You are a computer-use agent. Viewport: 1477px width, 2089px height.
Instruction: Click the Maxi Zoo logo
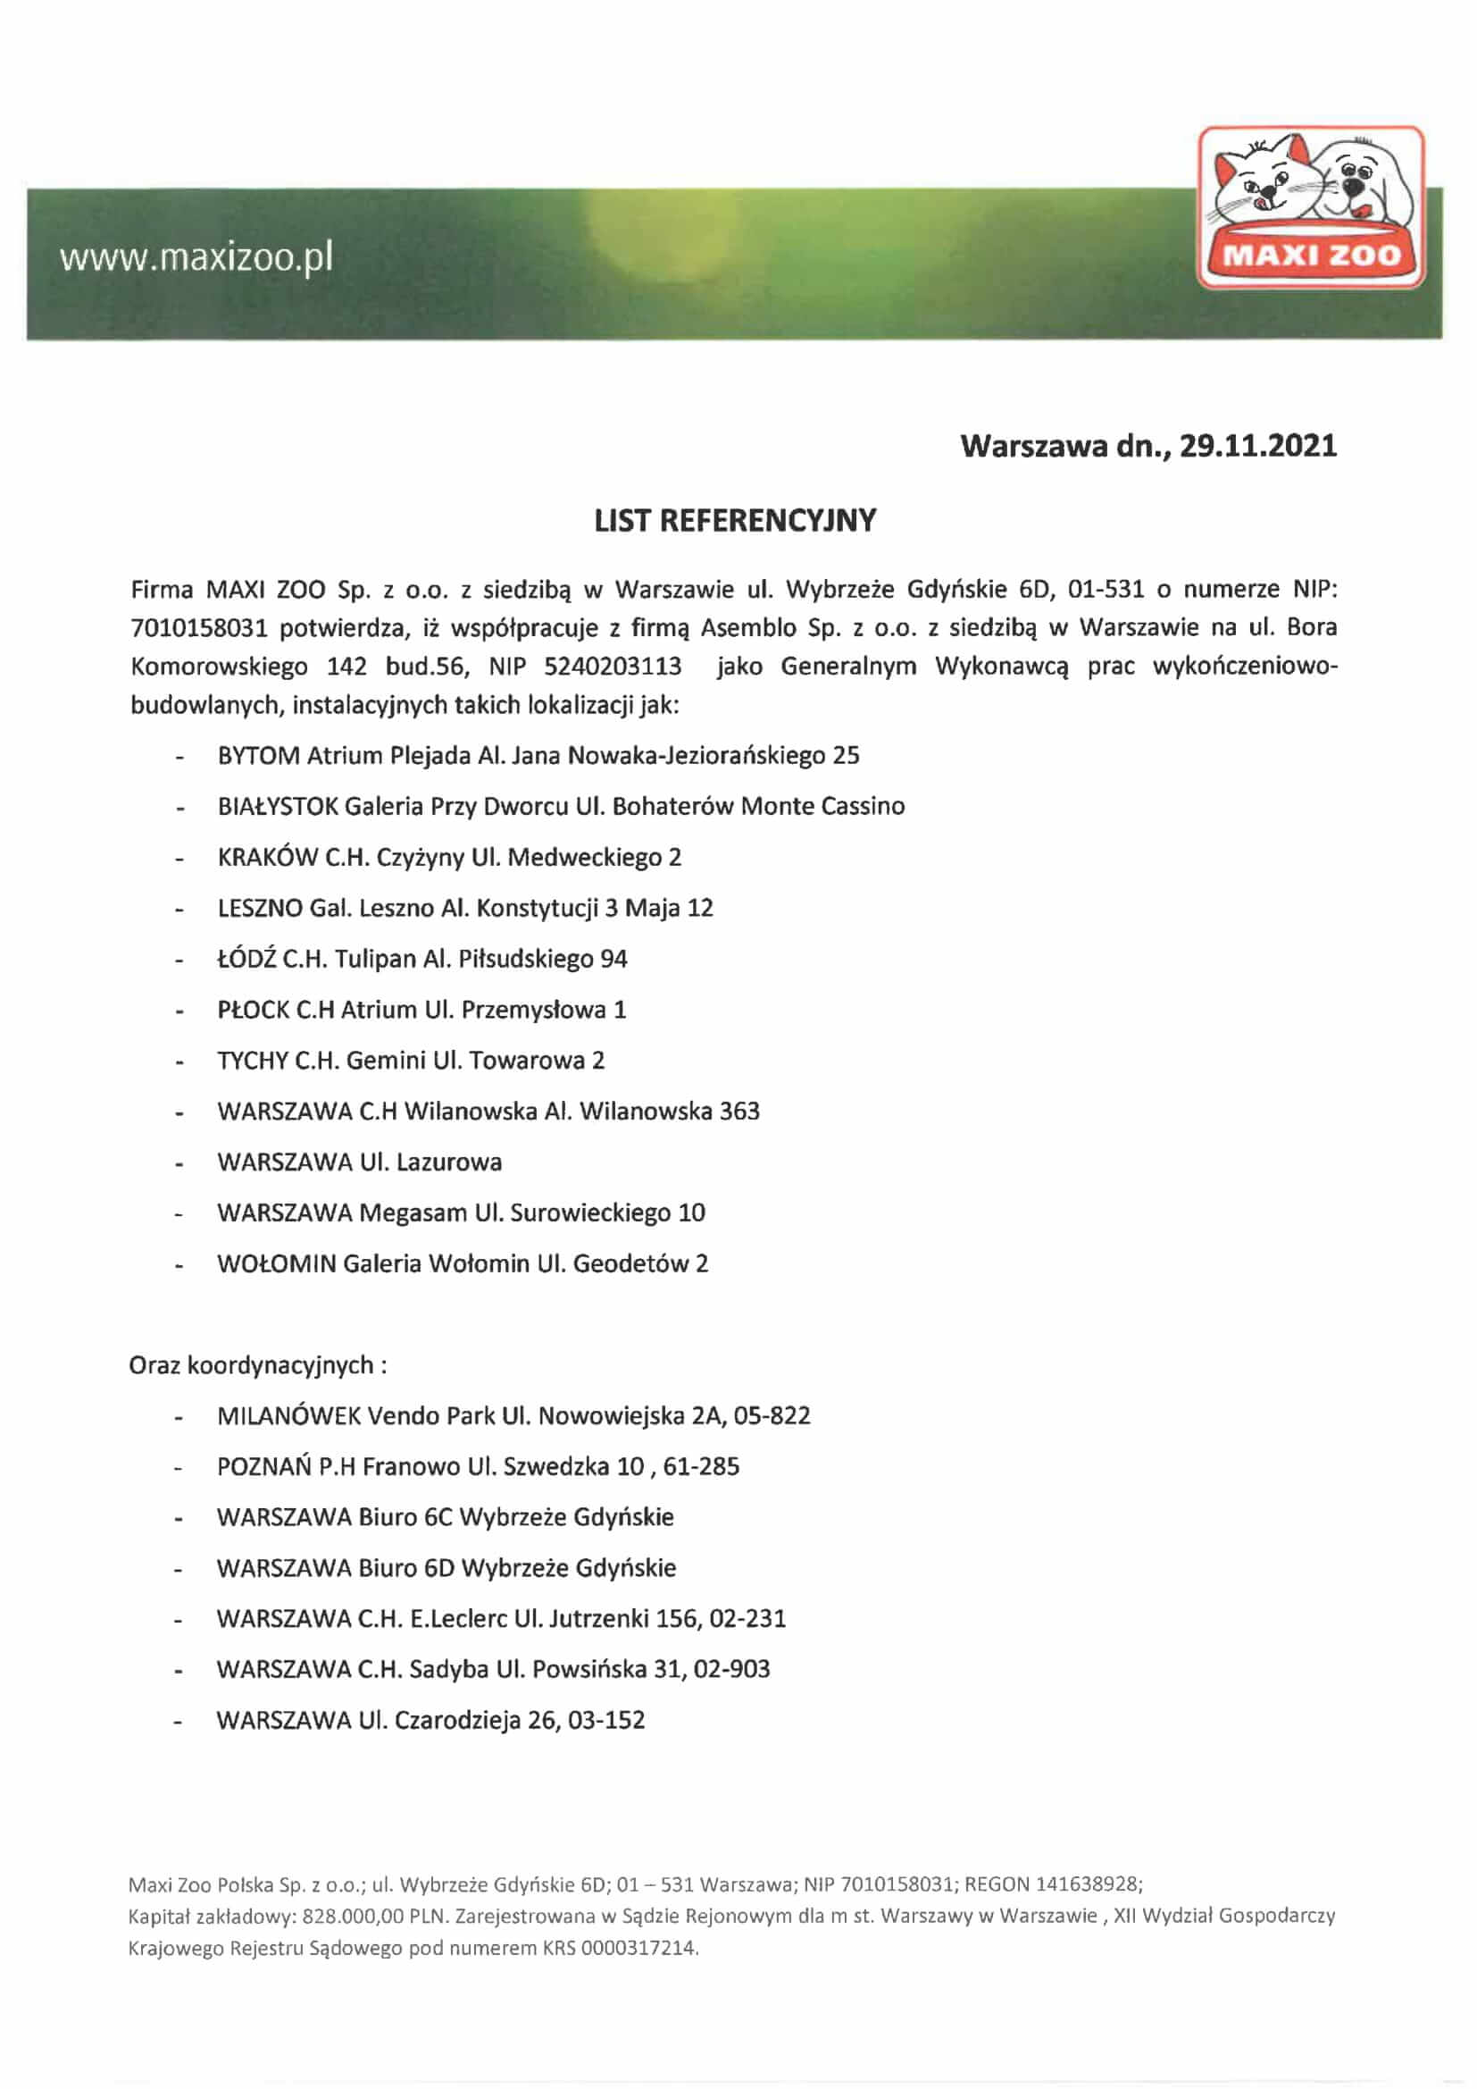tap(1311, 207)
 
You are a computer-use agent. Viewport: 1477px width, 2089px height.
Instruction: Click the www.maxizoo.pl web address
tap(196, 258)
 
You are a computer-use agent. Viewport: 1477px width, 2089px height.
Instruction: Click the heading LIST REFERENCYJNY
tap(735, 520)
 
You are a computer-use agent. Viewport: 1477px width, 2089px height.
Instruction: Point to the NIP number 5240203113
tap(612, 667)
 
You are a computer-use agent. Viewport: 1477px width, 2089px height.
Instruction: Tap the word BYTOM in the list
tap(258, 756)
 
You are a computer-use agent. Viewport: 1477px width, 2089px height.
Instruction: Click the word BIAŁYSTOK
tap(278, 807)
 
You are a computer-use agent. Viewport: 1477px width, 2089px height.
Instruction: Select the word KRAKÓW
tap(267, 858)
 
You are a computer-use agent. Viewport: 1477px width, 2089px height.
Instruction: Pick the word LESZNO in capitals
tap(259, 908)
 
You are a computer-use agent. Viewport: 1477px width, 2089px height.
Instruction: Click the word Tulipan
tap(375, 959)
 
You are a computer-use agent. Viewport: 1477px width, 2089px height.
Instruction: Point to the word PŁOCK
tap(253, 1010)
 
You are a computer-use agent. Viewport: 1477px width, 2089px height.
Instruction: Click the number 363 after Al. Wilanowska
tap(738, 1111)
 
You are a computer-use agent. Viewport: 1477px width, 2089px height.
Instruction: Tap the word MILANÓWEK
tap(288, 1416)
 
